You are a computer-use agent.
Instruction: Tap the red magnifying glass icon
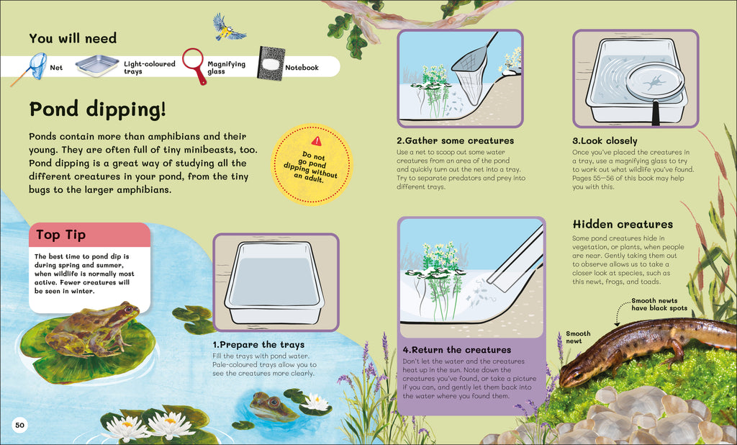click(194, 65)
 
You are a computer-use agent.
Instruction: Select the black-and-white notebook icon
click(271, 63)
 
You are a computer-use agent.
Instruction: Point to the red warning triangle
click(317, 140)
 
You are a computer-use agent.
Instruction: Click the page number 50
click(19, 426)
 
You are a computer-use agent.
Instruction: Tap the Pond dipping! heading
click(97, 109)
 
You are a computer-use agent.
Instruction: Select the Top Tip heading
click(60, 234)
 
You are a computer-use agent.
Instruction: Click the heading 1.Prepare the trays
click(258, 345)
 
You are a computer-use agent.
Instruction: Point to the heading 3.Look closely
click(605, 140)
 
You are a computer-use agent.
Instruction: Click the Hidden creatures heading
click(623, 225)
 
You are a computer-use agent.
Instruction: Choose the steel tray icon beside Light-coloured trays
click(97, 66)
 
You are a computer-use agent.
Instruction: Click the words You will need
click(73, 38)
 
